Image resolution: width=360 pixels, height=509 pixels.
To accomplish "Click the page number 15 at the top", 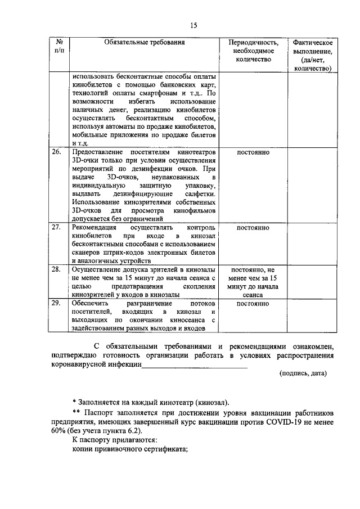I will [193, 25].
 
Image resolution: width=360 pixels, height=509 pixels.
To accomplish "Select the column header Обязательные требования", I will [145, 42].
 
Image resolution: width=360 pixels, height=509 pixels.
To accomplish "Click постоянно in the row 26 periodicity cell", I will [253, 153].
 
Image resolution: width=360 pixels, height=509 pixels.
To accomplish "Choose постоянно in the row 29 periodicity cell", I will [253, 304].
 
